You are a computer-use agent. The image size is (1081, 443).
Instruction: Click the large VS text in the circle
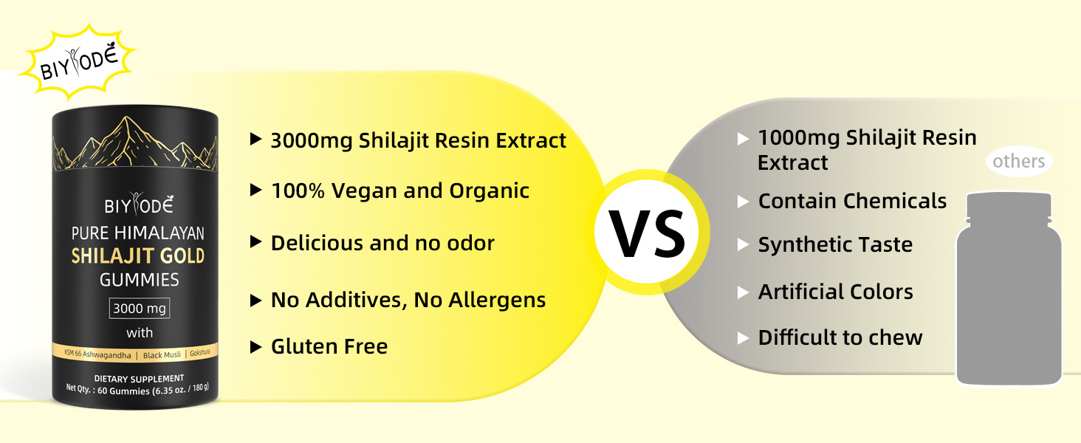[647, 234]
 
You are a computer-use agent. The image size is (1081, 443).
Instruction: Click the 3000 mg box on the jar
[140, 309]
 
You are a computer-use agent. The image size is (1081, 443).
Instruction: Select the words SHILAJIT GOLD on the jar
[138, 255]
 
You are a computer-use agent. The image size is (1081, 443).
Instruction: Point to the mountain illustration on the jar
[135, 143]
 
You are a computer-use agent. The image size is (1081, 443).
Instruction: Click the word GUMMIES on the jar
[140, 280]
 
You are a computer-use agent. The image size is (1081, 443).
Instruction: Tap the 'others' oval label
[1019, 161]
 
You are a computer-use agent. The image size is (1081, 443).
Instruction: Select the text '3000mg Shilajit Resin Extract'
[418, 140]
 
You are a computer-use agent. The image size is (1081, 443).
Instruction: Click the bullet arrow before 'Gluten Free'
[255, 346]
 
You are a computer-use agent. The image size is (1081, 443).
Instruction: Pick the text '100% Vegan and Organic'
[400, 190]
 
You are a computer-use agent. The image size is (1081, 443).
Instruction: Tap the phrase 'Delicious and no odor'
[382, 243]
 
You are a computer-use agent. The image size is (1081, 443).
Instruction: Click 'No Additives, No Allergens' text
[408, 300]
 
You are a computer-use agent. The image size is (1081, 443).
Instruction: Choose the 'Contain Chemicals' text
[852, 201]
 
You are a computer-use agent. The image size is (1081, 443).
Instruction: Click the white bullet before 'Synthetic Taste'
[743, 244]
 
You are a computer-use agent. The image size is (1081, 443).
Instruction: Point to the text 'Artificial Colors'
[835, 292]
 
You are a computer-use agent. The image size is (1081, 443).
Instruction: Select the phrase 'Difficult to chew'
[840, 337]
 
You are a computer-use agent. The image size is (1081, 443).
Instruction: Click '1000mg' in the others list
[799, 138]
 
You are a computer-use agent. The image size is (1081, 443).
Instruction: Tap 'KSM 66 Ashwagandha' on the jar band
[97, 354]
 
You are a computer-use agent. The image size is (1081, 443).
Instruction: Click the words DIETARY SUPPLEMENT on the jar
[139, 378]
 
